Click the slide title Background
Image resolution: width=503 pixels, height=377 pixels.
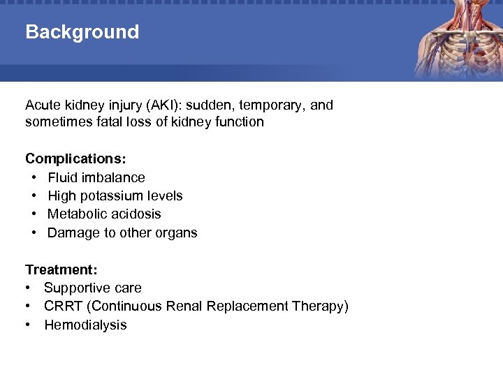coord(82,32)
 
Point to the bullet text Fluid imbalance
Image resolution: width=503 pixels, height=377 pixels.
coord(96,178)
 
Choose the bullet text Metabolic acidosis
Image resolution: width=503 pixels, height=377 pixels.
coord(104,214)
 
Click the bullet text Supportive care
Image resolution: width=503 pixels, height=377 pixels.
coord(92,288)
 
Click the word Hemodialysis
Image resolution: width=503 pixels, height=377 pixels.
coord(85,325)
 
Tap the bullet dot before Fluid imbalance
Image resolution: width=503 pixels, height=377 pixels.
coord(34,178)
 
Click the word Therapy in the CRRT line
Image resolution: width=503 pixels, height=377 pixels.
coord(323,306)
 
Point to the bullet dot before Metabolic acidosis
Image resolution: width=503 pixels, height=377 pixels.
coord(34,214)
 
